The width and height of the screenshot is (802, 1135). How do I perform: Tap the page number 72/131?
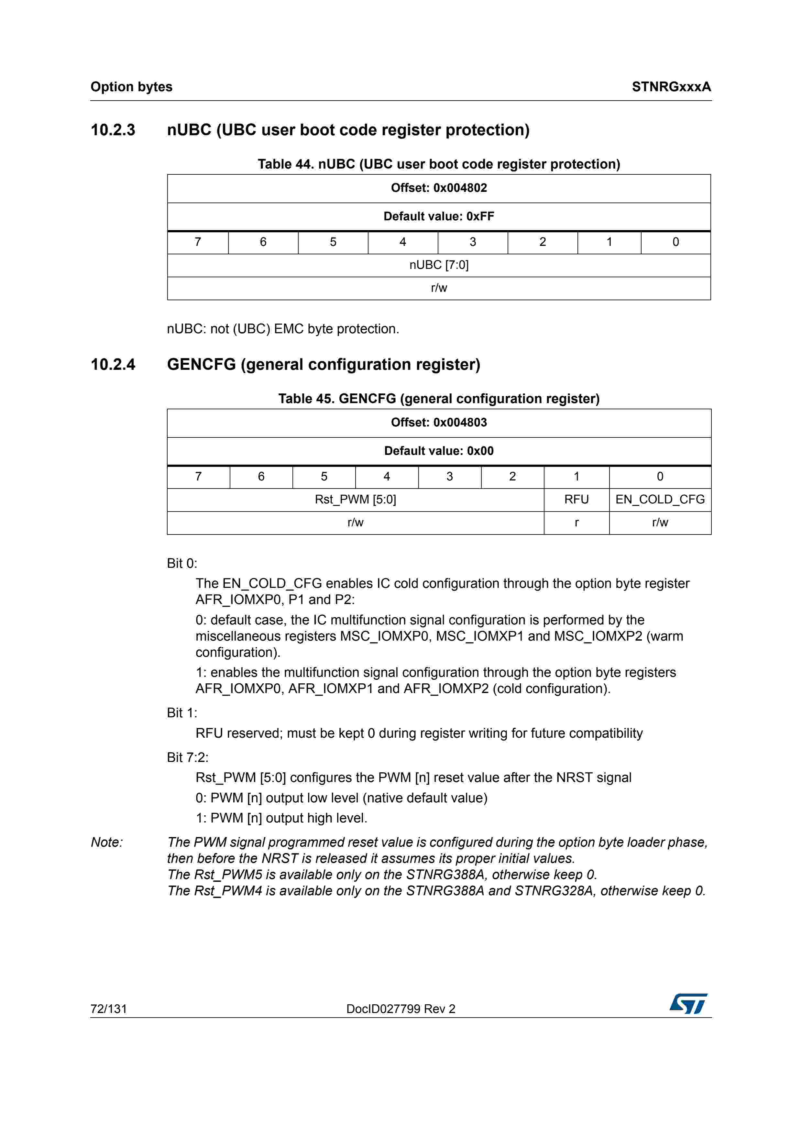coord(109,1008)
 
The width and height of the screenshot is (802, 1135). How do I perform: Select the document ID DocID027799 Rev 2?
coord(401,1008)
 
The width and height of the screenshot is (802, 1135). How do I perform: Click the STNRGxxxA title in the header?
coord(671,87)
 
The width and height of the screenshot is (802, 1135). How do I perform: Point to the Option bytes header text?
coord(131,87)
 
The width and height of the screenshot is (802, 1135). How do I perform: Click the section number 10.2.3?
coord(113,130)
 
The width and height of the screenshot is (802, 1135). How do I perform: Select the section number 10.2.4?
coord(113,364)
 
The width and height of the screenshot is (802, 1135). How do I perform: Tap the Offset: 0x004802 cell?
coord(439,188)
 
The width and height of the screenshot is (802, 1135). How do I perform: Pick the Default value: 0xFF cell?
coord(439,216)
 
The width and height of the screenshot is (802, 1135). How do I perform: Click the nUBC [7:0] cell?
coord(439,265)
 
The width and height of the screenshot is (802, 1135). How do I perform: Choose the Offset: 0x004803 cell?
coord(439,423)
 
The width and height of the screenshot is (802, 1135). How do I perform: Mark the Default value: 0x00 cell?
coord(439,451)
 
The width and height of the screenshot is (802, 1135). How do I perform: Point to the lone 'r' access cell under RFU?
coord(576,523)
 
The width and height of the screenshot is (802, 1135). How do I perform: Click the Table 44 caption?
coord(439,164)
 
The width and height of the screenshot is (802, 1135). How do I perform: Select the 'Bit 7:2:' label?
coord(188,757)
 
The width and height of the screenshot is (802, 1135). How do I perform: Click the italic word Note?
coord(107,842)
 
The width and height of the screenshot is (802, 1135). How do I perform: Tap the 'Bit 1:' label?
coord(182,713)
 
